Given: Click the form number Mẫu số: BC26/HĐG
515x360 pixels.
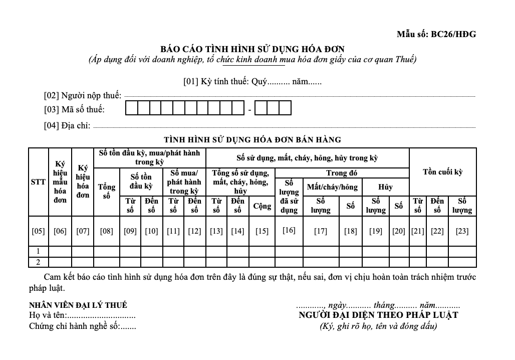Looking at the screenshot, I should pyautogui.click(x=436, y=35).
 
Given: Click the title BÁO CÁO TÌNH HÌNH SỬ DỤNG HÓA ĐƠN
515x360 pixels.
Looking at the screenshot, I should pyautogui.click(x=252, y=49).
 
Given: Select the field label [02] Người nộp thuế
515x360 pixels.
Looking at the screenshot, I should pyautogui.click(x=83, y=95).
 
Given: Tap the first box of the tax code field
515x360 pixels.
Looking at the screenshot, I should pyautogui.click(x=131, y=108).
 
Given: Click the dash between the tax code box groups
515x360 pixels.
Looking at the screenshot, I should pyautogui.click(x=249, y=109).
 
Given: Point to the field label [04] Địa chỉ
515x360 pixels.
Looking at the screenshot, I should pyautogui.click(x=67, y=126).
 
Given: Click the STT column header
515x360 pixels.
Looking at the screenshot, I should pyautogui.click(x=38, y=182).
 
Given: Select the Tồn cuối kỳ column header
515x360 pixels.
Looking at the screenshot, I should pyautogui.click(x=442, y=172).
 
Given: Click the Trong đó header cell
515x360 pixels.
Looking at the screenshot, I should pyautogui.click(x=342, y=173).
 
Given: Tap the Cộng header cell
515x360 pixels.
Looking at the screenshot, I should pyautogui.click(x=262, y=206).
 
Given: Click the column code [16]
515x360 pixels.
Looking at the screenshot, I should pyautogui.click(x=289, y=230).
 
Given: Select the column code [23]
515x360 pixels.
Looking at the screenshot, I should pyautogui.click(x=461, y=231).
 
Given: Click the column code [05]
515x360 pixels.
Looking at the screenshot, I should pyautogui.click(x=38, y=231).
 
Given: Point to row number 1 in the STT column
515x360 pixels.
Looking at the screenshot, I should pyautogui.click(x=38, y=251).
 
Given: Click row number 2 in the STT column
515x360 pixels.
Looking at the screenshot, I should pyautogui.click(x=38, y=262).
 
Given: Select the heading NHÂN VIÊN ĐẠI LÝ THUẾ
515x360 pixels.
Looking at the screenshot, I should pyautogui.click(x=78, y=305).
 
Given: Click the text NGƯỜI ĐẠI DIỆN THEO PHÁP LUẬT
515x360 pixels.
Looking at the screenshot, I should pyautogui.click(x=378, y=315).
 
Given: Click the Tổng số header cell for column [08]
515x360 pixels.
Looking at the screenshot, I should pyautogui.click(x=106, y=191).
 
